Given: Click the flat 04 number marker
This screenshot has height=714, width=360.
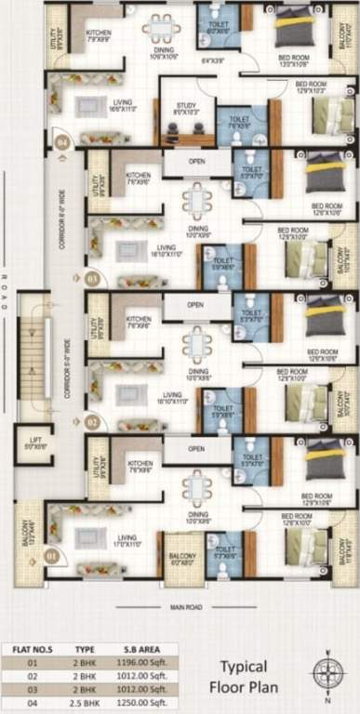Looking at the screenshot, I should pos(62,142).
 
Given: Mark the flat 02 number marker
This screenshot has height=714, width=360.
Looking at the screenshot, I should pos(92,420).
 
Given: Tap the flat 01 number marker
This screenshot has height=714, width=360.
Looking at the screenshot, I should pos(52,557).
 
